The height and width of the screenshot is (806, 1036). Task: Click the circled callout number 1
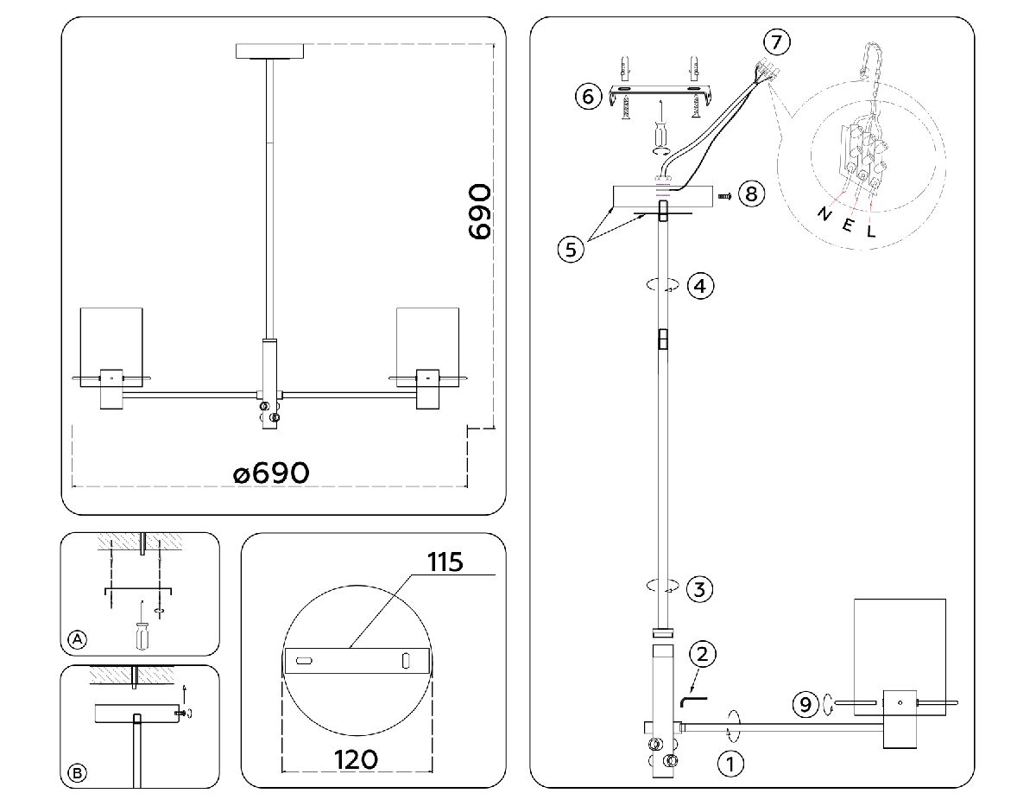730,764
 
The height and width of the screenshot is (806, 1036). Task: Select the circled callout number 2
702,654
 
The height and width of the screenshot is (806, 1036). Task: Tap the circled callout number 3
699,590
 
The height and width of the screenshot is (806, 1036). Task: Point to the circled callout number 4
700,286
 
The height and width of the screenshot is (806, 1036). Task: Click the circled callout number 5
569,249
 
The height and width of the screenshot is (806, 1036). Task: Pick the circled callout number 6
588,96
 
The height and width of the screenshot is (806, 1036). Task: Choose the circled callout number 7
776,41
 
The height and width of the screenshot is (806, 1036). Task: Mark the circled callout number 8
750,194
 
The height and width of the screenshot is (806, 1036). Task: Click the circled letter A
78,639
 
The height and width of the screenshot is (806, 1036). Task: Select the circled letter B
78,773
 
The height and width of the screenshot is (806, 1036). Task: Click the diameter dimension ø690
270,473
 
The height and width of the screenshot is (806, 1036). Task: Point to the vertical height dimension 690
477,211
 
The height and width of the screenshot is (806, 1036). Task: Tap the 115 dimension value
445,562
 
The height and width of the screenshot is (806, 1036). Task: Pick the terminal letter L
871,231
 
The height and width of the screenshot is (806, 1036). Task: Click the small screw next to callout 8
725,196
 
